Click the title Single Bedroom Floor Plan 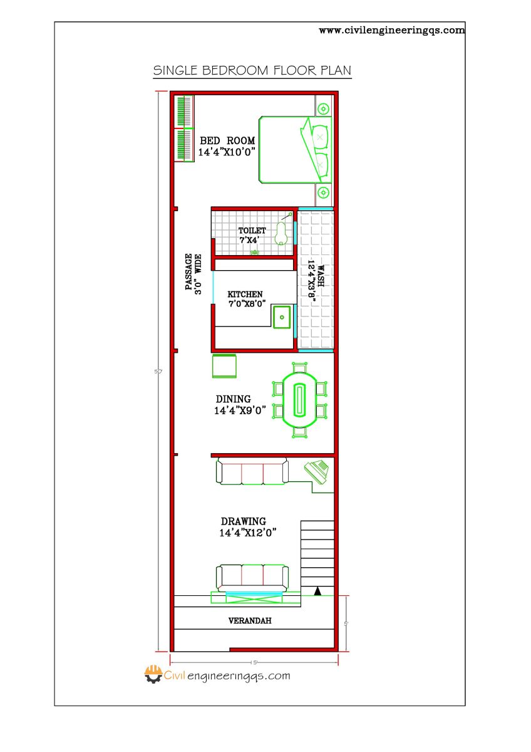(252, 70)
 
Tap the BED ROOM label (219, 141)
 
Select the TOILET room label (252, 231)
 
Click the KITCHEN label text (245, 294)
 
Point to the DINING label (234, 399)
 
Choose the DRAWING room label (244, 521)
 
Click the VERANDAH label (250, 621)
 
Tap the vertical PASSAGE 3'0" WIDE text (193, 273)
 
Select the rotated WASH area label (320, 276)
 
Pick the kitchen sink (282, 317)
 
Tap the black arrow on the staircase (317, 590)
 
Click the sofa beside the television (252, 471)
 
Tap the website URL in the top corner (392, 29)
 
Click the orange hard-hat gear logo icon (153, 674)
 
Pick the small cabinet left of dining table (224, 366)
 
